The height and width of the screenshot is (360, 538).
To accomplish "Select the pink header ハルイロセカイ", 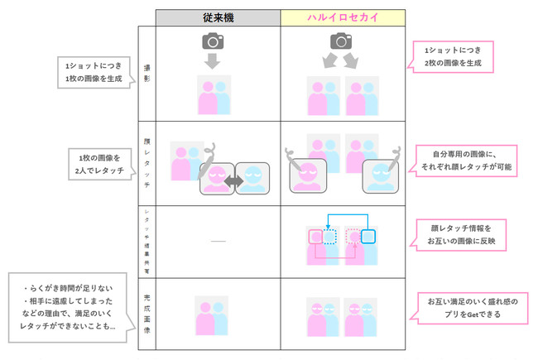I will click(x=341, y=17).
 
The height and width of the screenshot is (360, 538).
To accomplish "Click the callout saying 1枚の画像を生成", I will click(x=92, y=73).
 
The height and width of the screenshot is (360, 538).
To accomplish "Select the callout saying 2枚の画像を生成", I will click(x=450, y=57).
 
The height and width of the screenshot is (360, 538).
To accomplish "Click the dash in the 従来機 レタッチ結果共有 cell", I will click(x=217, y=242).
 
